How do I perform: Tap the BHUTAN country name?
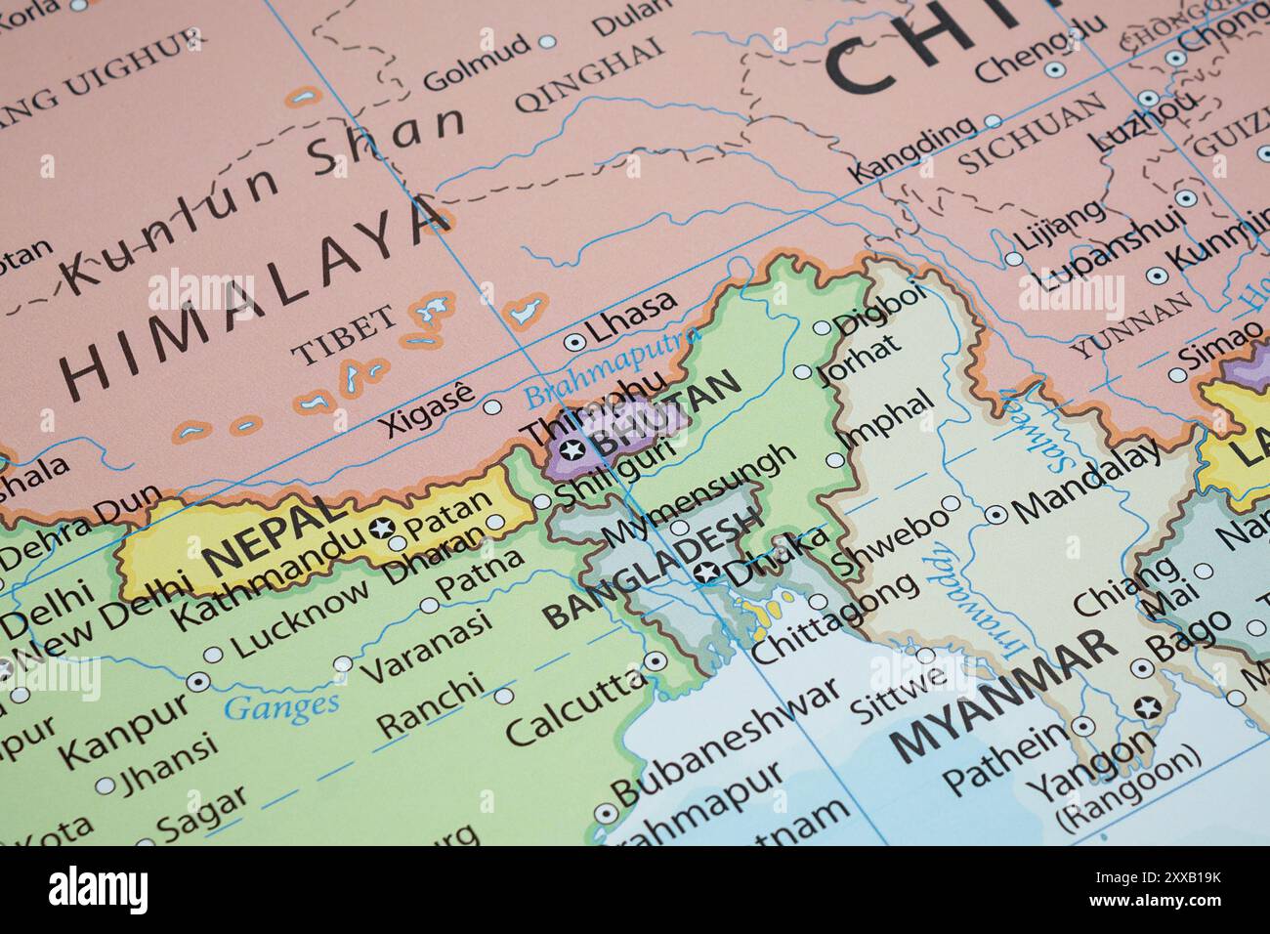click(x=664, y=415)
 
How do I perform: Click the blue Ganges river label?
click(x=281, y=704)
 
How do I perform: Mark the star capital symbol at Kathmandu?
click(x=382, y=530)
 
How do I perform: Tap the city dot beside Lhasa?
click(x=574, y=342)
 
